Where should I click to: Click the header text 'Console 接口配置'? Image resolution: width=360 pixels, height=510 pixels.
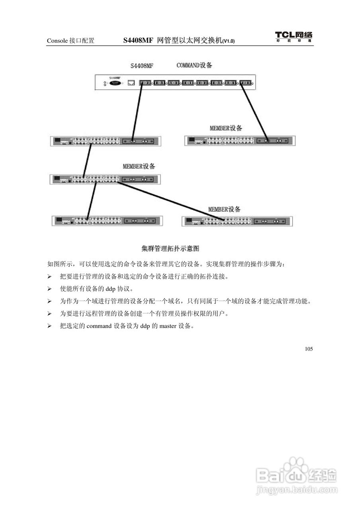(70, 41)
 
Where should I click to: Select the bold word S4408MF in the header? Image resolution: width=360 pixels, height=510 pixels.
(138, 40)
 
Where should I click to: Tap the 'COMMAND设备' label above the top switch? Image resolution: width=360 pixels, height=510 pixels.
(194, 65)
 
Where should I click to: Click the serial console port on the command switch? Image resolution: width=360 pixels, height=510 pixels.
(115, 83)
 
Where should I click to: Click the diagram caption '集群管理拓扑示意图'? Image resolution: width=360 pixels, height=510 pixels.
(170, 249)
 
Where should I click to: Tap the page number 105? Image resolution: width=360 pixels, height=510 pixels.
(309, 349)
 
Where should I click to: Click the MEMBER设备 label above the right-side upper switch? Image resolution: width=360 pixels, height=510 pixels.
(226, 128)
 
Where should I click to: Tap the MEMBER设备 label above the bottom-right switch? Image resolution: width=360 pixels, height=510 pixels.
(224, 209)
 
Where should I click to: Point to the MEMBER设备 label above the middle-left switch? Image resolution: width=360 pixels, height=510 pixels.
(139, 166)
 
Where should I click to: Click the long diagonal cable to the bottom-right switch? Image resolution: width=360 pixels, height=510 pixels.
(167, 201)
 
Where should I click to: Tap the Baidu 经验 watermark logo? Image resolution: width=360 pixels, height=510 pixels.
(297, 474)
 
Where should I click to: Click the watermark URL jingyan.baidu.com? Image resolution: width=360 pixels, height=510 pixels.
(297, 489)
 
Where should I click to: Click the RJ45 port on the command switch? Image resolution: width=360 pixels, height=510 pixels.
(131, 83)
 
